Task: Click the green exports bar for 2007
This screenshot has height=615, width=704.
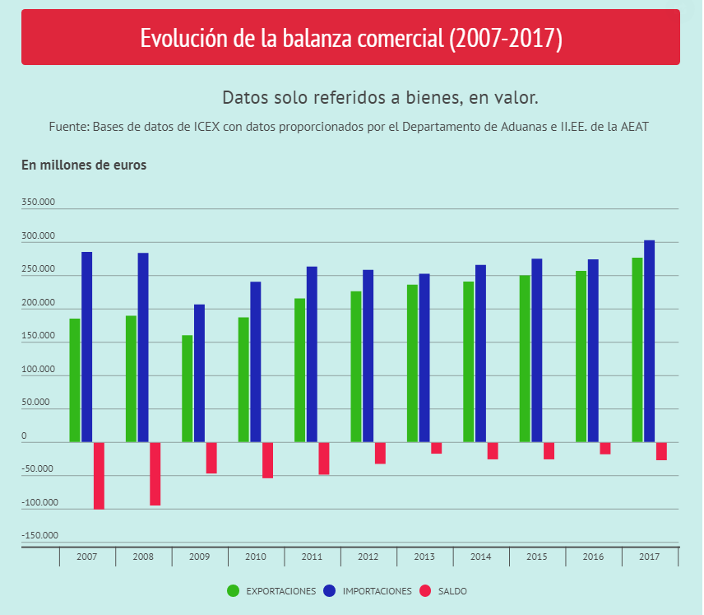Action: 75,380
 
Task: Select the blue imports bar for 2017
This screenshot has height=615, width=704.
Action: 649,341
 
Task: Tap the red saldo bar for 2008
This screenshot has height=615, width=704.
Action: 155,473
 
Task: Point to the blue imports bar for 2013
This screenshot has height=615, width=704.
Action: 424,358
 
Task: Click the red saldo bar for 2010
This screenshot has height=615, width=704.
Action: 267,460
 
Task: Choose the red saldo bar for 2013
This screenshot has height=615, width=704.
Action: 437,448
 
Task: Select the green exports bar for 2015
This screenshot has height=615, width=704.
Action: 525,358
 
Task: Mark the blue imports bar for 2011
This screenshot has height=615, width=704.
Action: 312,354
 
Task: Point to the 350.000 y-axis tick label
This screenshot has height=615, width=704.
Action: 39,203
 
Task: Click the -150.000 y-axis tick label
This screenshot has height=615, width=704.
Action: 39,536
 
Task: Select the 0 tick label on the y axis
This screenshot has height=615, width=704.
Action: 24,436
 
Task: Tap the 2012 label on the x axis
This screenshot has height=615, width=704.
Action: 368,557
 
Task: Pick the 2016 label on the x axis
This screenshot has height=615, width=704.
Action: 593,557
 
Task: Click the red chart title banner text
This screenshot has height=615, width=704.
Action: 351,38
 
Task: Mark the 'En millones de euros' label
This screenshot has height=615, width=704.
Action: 84,165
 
